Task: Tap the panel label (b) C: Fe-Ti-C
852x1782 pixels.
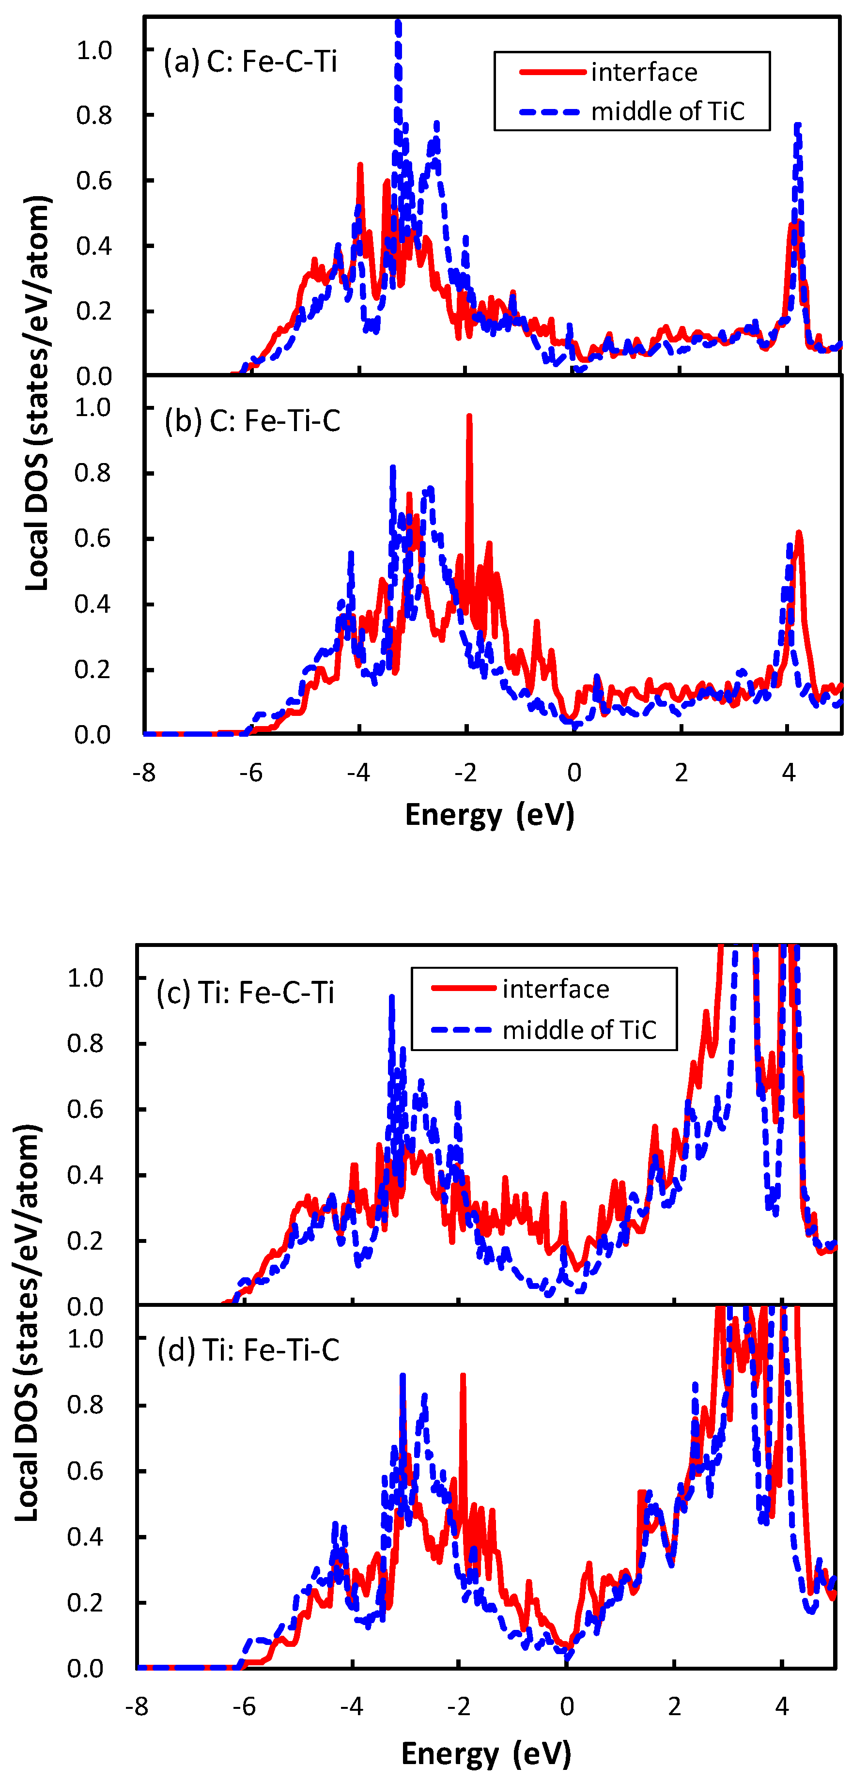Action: click(252, 420)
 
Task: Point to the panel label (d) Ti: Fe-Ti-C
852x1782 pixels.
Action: click(248, 1349)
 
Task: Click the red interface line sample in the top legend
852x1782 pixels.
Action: click(552, 72)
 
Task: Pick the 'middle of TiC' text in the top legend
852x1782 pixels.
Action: click(667, 111)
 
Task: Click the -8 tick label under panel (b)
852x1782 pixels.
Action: click(144, 773)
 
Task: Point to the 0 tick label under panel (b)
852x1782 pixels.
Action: click(573, 773)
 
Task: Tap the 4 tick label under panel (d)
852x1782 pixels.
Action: click(781, 1706)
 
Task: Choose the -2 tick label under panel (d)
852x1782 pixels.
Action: click(459, 1706)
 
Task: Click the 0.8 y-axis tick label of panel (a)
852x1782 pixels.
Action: click(94, 116)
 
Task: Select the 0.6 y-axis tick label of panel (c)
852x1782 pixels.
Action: click(85, 1110)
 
